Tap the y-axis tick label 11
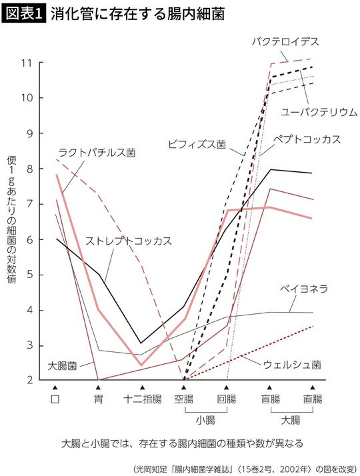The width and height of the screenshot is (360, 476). pyautogui.click(x=27, y=63)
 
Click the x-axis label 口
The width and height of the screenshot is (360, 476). pyautogui.click(x=55, y=399)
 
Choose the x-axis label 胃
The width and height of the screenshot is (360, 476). pyautogui.click(x=99, y=399)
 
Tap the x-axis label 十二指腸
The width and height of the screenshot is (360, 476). pyautogui.click(x=141, y=399)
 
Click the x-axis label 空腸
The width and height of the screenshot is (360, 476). pyautogui.click(x=184, y=399)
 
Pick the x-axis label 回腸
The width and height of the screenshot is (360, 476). pyautogui.click(x=227, y=399)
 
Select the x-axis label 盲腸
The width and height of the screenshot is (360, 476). pyautogui.click(x=269, y=399)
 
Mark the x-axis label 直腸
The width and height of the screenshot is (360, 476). pyautogui.click(x=312, y=399)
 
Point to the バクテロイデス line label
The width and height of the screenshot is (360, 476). pyautogui.click(x=285, y=42)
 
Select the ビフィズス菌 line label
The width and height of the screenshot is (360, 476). pyautogui.click(x=197, y=143)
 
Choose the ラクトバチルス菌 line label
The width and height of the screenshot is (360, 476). pyautogui.click(x=97, y=153)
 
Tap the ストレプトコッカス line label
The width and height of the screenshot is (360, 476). pyautogui.click(x=129, y=239)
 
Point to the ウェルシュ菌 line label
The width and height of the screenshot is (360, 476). pyautogui.click(x=292, y=365)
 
